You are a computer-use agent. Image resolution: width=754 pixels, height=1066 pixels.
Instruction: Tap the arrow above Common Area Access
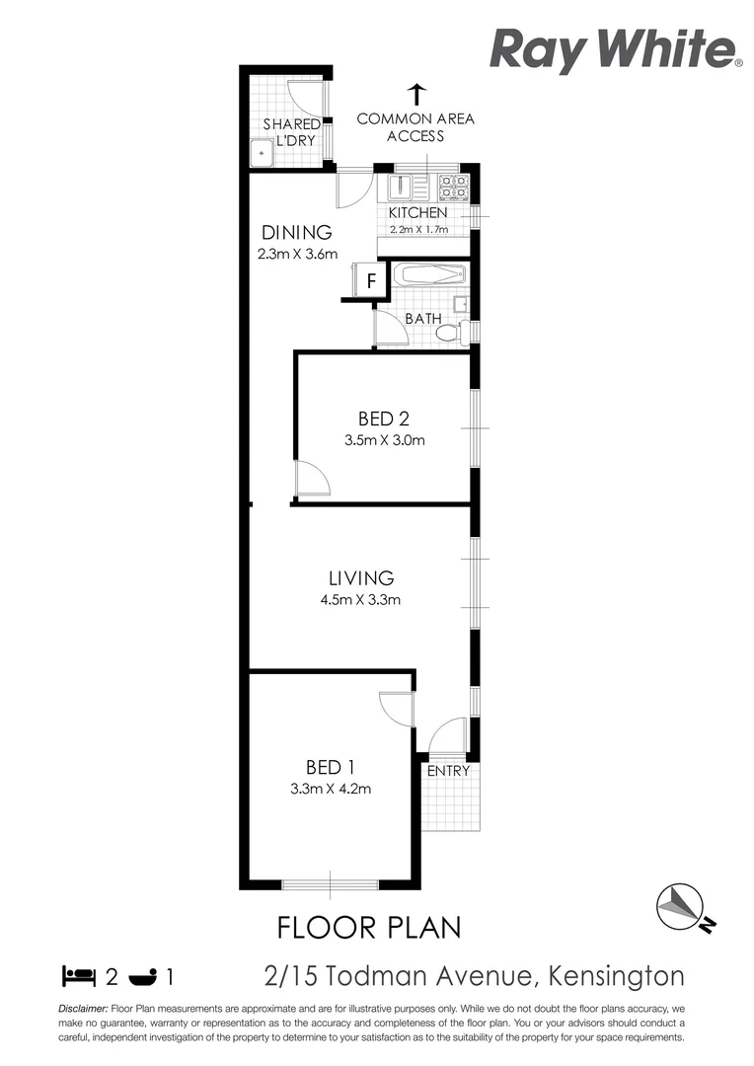(x=415, y=95)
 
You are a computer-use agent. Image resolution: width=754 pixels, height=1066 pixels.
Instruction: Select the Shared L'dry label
(x=291, y=132)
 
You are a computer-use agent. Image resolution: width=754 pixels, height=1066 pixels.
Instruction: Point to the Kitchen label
(x=417, y=213)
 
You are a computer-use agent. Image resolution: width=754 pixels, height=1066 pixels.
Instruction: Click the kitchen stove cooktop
(x=453, y=188)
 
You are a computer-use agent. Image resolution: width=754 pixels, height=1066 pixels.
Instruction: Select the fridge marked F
(x=371, y=280)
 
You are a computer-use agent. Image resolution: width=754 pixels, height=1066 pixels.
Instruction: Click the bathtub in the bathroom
(x=427, y=274)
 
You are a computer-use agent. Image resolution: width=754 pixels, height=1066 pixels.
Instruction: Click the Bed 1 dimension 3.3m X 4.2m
(x=331, y=789)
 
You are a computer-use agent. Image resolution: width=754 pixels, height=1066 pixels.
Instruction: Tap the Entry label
(x=448, y=771)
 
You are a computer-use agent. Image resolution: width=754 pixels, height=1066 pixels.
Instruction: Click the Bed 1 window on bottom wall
(x=331, y=883)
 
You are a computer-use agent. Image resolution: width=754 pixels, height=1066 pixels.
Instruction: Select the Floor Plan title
(x=369, y=928)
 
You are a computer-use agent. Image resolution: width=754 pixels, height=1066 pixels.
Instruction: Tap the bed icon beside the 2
(x=79, y=977)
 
